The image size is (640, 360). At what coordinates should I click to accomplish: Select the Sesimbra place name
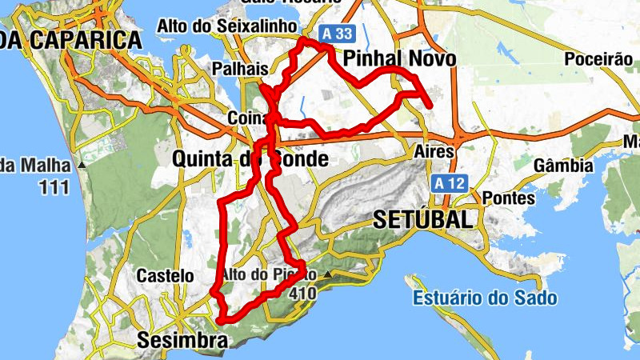click(x=182, y=340)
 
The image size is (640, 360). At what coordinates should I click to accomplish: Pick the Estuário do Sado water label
click(x=486, y=298)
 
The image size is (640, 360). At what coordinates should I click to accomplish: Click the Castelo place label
click(x=165, y=276)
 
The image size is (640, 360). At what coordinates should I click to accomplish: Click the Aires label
click(x=434, y=151)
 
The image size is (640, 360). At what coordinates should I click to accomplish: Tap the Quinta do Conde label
click(x=250, y=159)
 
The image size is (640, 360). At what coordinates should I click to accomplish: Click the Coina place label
click(x=247, y=115)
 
